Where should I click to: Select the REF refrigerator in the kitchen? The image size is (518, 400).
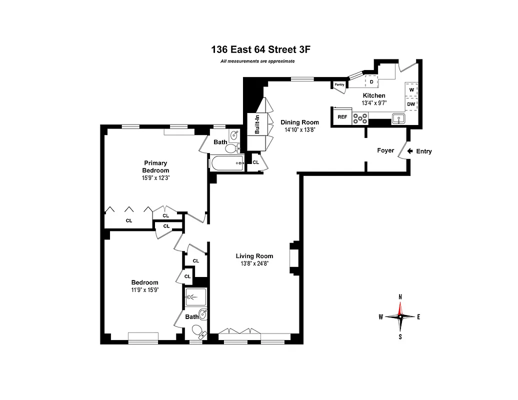click(x=342, y=117)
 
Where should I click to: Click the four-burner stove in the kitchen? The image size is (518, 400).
click(x=360, y=118)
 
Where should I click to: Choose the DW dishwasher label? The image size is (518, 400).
click(x=411, y=104)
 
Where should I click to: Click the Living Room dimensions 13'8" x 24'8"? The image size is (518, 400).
click(x=255, y=263)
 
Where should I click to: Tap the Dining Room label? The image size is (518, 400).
click(x=299, y=122)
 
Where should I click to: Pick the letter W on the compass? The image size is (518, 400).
click(x=381, y=316)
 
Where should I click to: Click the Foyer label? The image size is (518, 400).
click(x=385, y=150)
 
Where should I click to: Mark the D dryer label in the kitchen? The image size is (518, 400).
click(x=371, y=81)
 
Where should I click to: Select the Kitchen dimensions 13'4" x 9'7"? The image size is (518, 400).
click(x=374, y=103)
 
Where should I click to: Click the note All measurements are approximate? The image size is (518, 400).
click(x=257, y=61)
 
